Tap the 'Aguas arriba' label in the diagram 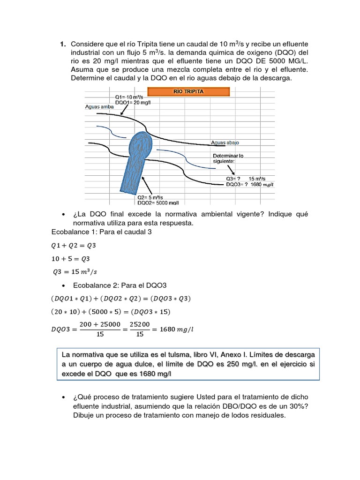click(99, 106)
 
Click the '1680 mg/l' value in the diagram click(262, 185)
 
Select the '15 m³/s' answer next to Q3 click(257, 179)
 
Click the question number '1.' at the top click(62, 44)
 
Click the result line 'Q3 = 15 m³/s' click(75, 271)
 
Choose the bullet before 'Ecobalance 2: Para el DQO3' click(63, 285)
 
